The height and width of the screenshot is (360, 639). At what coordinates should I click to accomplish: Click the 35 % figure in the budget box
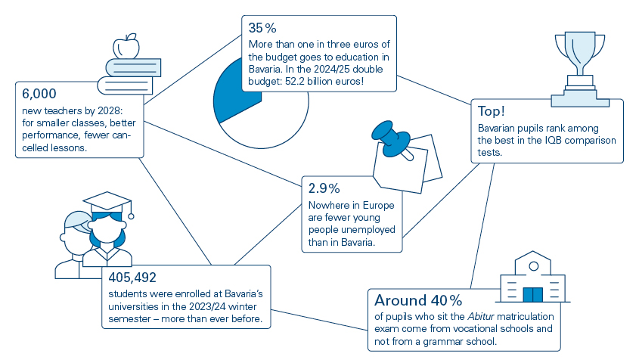262,28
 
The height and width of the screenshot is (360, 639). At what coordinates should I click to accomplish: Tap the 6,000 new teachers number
39,94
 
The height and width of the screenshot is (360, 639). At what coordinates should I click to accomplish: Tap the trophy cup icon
580,53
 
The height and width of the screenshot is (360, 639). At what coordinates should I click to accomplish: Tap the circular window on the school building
534,266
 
